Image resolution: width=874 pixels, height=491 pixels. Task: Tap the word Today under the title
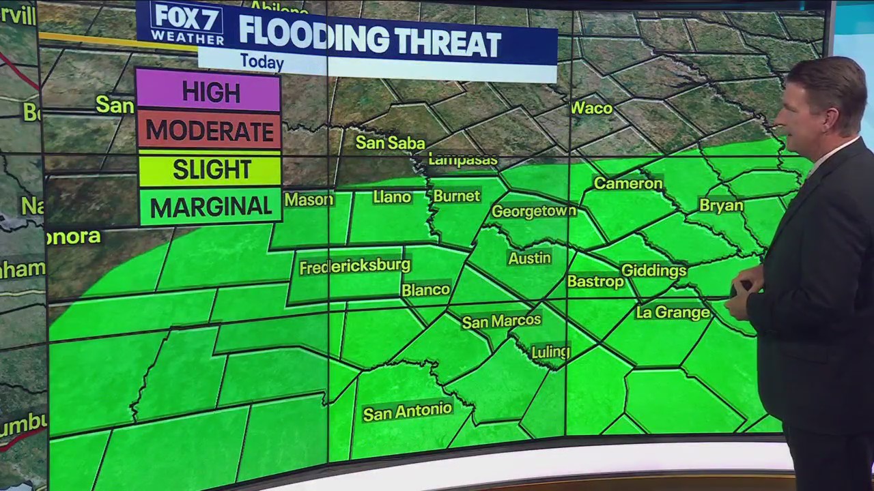[x=262, y=63]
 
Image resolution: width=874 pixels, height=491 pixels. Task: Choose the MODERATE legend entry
[x=210, y=130]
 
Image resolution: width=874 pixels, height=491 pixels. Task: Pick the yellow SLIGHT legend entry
[x=211, y=169]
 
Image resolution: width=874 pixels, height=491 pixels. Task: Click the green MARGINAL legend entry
[x=211, y=207]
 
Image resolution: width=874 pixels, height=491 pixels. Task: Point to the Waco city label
[x=592, y=108]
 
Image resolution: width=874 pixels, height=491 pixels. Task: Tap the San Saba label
[x=390, y=143]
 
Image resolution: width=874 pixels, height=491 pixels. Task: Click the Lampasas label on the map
[x=462, y=160]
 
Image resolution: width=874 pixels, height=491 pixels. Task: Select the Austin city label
[x=529, y=258]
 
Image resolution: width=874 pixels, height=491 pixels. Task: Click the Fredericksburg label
[x=354, y=266]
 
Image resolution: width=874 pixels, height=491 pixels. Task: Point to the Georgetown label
[x=533, y=211]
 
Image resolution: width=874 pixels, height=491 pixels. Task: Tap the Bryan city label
[x=720, y=205]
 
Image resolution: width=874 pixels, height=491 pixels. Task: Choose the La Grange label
[x=673, y=312]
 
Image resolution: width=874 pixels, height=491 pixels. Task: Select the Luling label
[x=550, y=352]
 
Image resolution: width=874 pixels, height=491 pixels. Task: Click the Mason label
[x=309, y=200]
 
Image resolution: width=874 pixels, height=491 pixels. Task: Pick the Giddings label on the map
[x=653, y=271]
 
